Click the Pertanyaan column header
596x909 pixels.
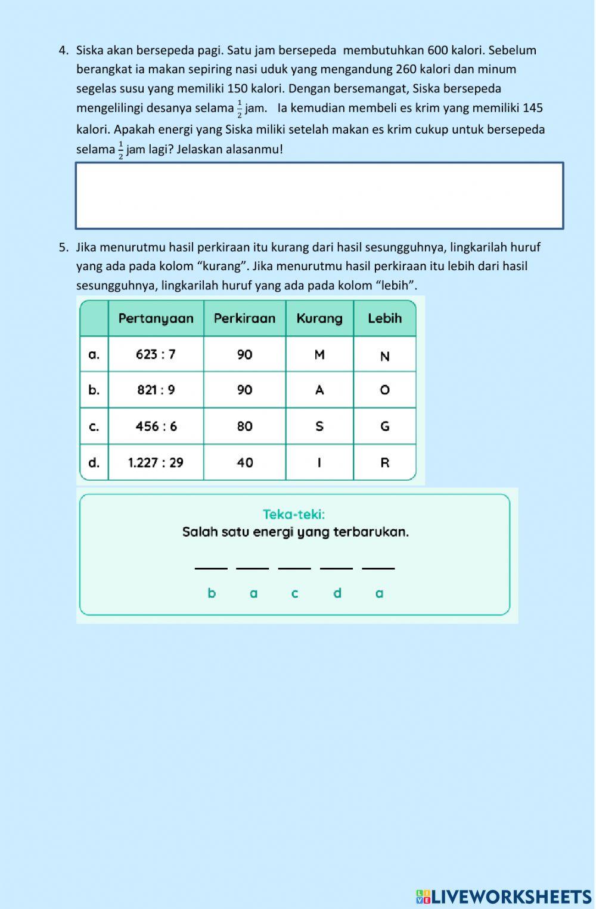point(156,318)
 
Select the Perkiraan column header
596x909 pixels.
point(244,318)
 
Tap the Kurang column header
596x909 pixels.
point(319,318)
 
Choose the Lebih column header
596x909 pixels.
point(384,318)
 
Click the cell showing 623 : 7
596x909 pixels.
point(156,354)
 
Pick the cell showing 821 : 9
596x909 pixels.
point(156,390)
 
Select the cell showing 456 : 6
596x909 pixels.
point(156,426)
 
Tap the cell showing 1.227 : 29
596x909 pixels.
point(156,462)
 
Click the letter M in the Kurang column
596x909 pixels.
point(319,355)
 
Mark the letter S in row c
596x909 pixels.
point(319,426)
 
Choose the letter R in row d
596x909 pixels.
point(384,462)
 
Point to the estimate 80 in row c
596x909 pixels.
point(244,426)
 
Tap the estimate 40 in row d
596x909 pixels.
point(244,462)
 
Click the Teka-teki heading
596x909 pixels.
point(294,514)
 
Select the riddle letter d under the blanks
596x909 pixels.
point(337,593)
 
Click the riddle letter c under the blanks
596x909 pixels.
point(294,593)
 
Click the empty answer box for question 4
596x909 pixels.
point(319,196)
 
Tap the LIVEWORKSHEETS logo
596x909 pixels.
point(504,896)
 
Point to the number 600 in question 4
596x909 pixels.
point(437,50)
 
